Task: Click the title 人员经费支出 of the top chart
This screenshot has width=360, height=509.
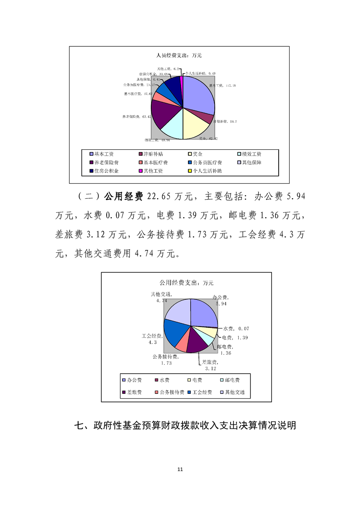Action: [x=178, y=55]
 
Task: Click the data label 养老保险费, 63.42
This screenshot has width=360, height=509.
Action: [x=136, y=117]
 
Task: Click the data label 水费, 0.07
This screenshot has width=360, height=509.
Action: [x=236, y=328]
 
